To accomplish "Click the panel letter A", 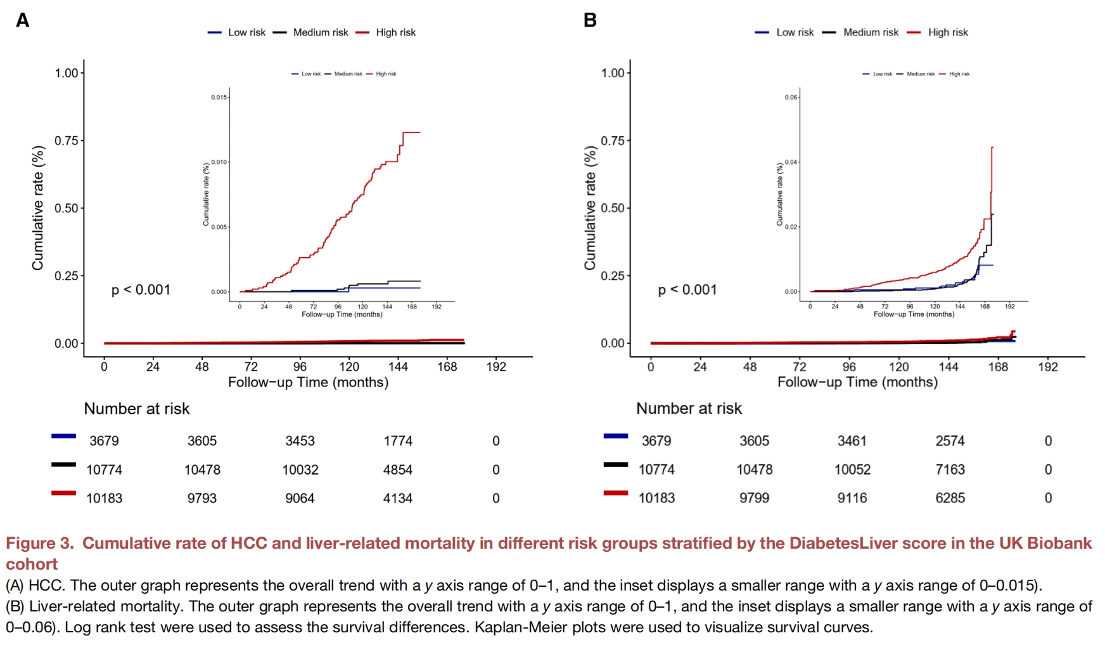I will point(22,20).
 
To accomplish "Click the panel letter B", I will point(590,20).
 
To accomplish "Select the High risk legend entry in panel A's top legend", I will point(395,32).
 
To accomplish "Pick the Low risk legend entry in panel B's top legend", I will point(795,32).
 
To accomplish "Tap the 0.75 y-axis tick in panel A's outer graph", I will point(66,141).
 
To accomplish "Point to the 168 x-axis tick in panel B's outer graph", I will point(998,367).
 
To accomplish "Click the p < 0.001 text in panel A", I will point(141,290).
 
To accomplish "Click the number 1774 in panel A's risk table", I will point(398,441).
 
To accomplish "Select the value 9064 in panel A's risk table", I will point(300,499).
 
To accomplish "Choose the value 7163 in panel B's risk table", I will point(950,469).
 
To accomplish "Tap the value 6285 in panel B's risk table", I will point(950,498).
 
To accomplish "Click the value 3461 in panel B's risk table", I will point(852,441).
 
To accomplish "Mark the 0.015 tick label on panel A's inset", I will point(219,98).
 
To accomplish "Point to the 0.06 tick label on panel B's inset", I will point(791,98).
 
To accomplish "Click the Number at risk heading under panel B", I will point(689,409).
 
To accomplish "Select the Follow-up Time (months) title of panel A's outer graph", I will point(308,383).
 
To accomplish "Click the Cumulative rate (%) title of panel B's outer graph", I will point(590,208).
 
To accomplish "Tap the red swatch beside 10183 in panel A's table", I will point(63,493).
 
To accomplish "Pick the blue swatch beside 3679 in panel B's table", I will point(616,436).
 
